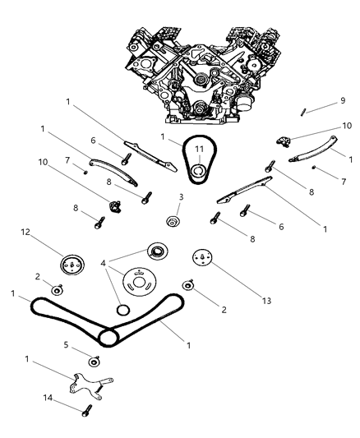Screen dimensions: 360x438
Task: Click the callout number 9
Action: [343, 100]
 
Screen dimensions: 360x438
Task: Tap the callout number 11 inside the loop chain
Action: [199, 150]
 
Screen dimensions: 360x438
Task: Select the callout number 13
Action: [266, 301]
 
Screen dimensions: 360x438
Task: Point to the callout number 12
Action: [25, 232]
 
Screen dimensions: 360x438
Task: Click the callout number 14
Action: [48, 398]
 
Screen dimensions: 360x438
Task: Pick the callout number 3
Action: [181, 197]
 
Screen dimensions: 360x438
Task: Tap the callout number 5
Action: [66, 344]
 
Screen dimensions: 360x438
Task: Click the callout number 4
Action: [104, 263]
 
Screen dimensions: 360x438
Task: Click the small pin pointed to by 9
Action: [302, 113]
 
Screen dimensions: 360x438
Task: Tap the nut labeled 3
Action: [173, 221]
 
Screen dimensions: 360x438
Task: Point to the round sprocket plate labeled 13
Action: [202, 257]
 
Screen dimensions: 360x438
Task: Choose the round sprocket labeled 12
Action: [72, 265]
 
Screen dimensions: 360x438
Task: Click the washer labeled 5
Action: [95, 362]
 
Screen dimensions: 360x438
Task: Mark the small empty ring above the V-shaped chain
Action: [123, 310]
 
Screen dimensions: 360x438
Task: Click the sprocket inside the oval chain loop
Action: [199, 173]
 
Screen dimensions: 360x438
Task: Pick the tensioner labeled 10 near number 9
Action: [284, 141]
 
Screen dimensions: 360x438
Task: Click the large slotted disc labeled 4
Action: [140, 282]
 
